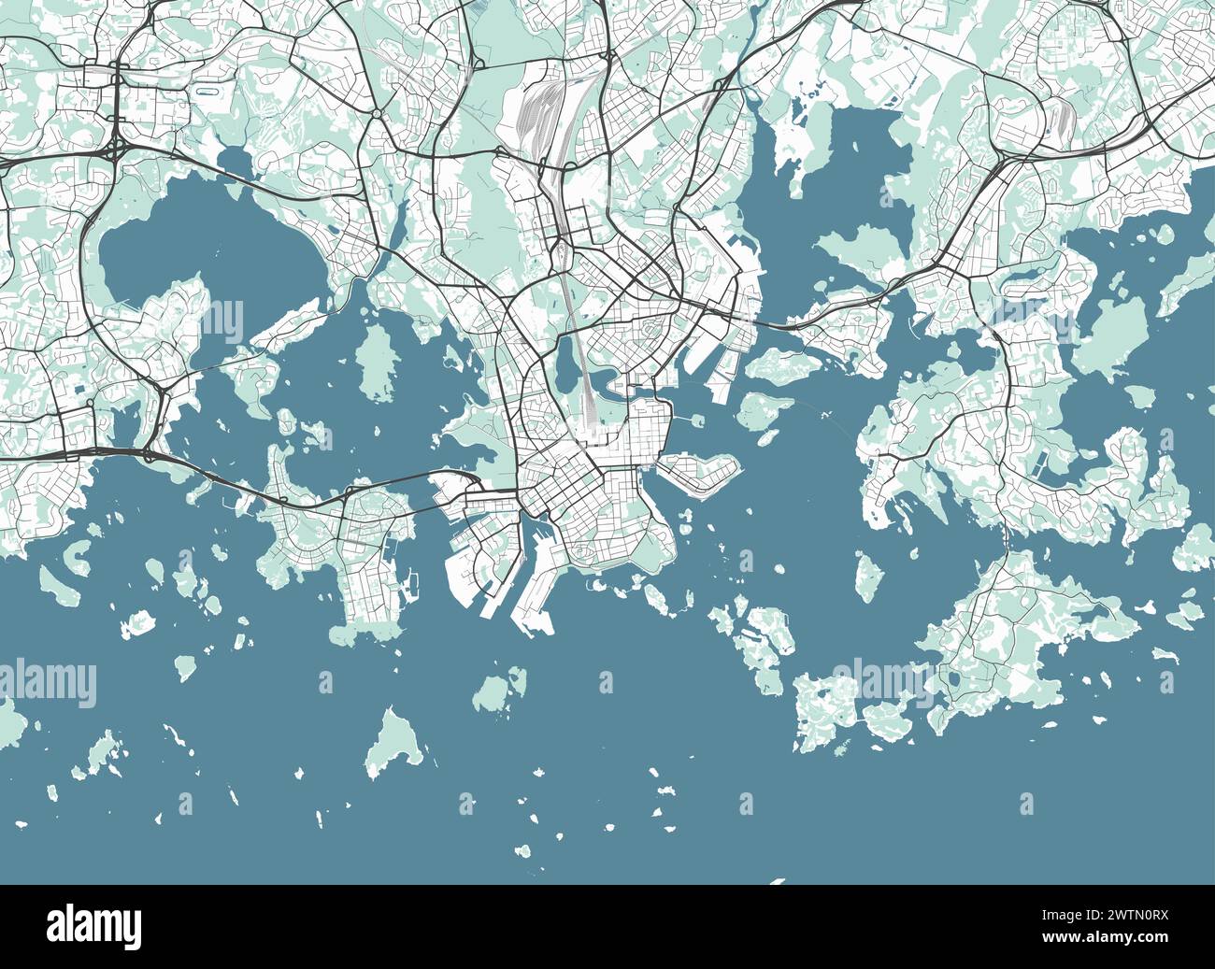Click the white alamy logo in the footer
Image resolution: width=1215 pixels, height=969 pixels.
94,926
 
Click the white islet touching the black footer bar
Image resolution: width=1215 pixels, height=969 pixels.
779,880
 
